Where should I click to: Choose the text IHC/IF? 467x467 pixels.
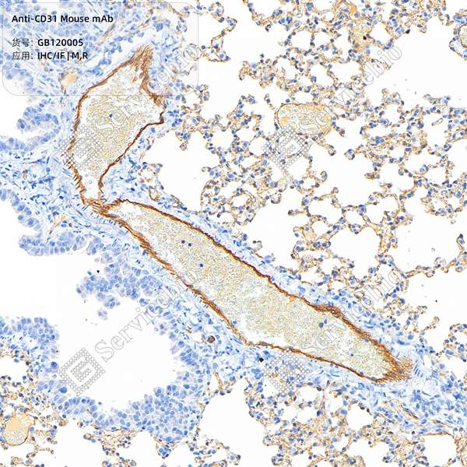pos(51,56)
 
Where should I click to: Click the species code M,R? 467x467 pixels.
pos(79,56)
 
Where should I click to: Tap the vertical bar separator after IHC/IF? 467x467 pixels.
pos(68,56)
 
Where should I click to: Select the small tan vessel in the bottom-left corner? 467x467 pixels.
pos(17,429)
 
